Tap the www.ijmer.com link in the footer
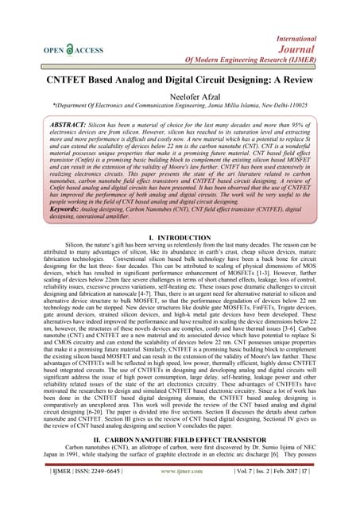pyautogui.click(x=179, y=493)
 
